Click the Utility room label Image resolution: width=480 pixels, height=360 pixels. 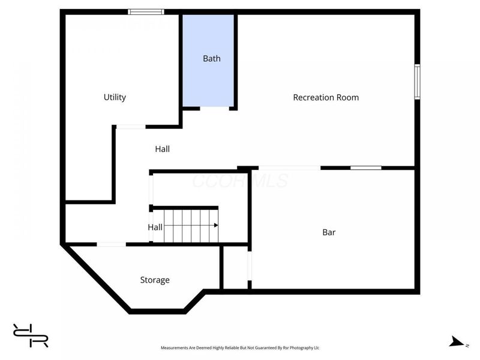pos(115,97)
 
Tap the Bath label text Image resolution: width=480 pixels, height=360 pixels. pos(211,59)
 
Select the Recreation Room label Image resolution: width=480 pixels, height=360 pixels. pos(326,97)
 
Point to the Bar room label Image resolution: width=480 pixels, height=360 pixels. pos(329,232)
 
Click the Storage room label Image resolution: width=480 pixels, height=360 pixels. pos(155,280)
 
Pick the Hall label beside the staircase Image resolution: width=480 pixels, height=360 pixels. pos(155,227)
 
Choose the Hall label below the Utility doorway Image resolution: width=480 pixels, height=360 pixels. pos(162,149)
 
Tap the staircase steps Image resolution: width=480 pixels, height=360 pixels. pos(189,225)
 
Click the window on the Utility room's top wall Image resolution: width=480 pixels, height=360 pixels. pos(146,11)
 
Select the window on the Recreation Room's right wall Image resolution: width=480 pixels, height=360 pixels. pos(417,81)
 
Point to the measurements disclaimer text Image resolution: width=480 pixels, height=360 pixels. pos(239,347)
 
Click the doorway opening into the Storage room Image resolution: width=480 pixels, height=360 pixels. pos(111,244)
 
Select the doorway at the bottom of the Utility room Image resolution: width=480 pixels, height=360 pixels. pos(130,127)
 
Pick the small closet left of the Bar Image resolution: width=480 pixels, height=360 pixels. pos(236,268)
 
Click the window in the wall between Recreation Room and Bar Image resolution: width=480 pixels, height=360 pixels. pos(365,168)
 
